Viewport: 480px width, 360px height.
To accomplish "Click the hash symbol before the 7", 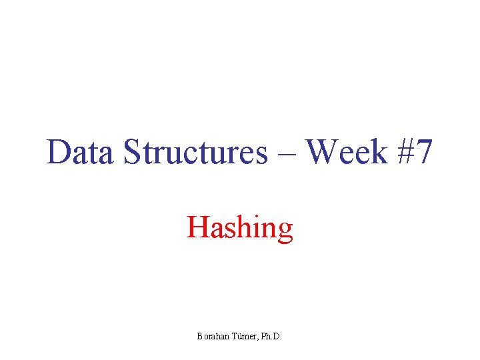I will click(404, 152).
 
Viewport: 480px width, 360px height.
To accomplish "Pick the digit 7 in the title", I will click(425, 152).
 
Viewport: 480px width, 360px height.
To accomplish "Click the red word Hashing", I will click(240, 227).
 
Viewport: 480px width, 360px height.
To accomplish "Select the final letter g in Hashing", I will click(285, 231).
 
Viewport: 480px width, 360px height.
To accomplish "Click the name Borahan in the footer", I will click(213, 337).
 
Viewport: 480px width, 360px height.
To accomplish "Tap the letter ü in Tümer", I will click(239, 337).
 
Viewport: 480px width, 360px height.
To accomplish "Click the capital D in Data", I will click(58, 152).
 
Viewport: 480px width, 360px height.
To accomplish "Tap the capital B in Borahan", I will click(199, 337).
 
